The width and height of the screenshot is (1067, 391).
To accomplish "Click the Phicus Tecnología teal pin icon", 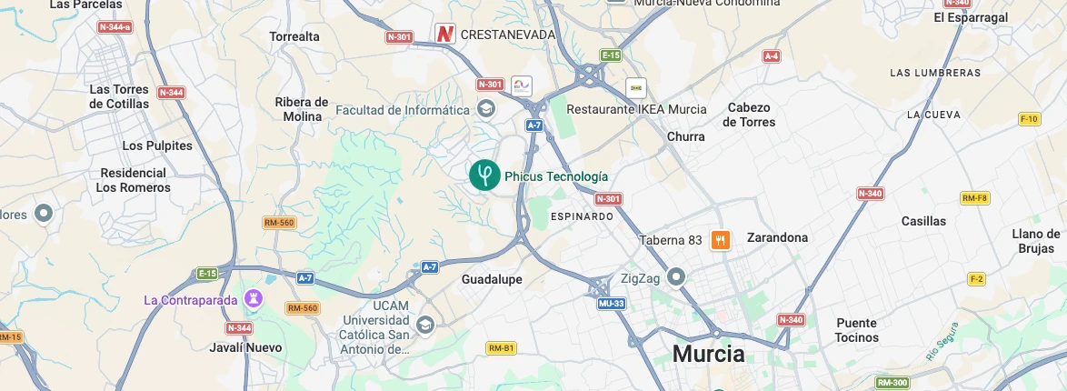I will tap(484, 175).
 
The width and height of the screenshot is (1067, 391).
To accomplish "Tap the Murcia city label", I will tap(708, 354).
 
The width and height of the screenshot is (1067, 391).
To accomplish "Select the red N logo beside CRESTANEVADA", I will tap(444, 34).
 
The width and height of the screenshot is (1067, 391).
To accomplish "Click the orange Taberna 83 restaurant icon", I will tap(720, 240).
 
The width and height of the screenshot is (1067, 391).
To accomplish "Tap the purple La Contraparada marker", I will tap(254, 298).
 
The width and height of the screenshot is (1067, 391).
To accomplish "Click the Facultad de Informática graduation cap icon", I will tap(487, 110).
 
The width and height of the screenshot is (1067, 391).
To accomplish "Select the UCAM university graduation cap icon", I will tap(424, 325).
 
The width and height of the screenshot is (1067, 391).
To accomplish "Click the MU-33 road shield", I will tap(612, 304).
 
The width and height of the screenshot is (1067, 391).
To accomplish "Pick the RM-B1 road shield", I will tap(501, 348).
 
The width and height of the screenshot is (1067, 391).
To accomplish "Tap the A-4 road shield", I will tap(772, 56).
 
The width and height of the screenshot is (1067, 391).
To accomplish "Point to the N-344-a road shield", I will tap(115, 27).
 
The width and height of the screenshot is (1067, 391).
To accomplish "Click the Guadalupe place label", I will tap(492, 279).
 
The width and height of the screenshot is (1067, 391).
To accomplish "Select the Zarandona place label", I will tap(777, 237).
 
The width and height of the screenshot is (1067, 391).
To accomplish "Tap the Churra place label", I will tap(685, 136).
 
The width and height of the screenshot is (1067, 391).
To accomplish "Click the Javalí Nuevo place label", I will tap(245, 347).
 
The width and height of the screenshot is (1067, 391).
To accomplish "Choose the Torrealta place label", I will tap(294, 36).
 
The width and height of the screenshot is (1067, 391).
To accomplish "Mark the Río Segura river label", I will tap(942, 341).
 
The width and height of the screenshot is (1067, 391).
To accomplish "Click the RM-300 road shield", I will tap(892, 383).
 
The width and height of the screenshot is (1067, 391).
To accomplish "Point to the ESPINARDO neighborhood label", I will tap(583, 216).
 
